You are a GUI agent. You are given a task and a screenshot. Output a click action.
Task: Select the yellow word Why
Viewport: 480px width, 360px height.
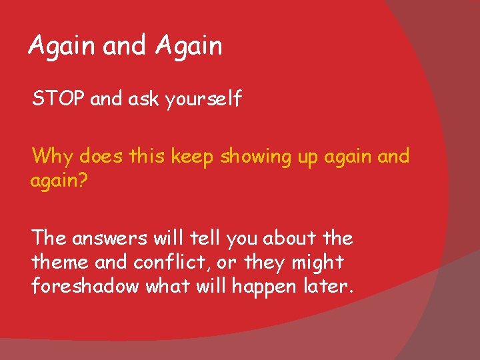click(53, 157)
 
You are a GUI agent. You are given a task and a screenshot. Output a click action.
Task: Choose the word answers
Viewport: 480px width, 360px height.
click(111, 238)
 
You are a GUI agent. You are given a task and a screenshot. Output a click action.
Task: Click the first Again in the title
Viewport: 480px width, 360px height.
click(62, 47)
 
